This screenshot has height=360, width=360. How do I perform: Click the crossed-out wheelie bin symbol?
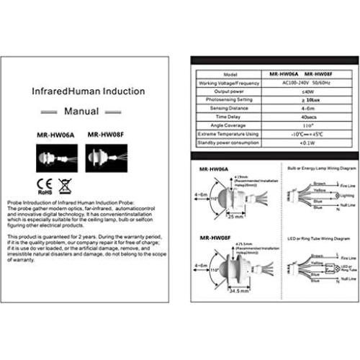pyautogui.click(x=64, y=187)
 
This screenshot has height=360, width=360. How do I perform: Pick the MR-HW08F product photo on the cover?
pyautogui.click(x=106, y=158)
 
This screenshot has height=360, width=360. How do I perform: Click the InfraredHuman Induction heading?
pyautogui.click(x=90, y=92)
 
